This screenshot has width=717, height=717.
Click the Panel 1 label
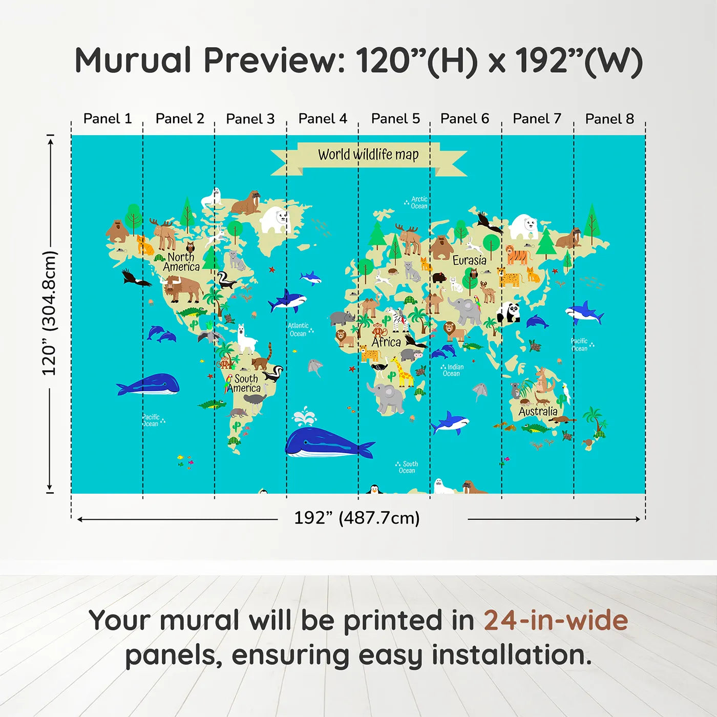point(108,119)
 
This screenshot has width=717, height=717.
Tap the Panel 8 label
point(609,119)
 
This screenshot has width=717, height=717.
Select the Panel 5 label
point(395,119)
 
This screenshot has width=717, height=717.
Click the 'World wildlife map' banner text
point(368,154)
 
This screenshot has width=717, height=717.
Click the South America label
point(244,383)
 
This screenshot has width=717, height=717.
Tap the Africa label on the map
point(386,342)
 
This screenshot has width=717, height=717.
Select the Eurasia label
point(469,260)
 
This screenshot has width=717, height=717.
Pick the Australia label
point(538,411)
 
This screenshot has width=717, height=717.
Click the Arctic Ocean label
point(418,203)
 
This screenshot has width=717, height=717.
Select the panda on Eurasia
point(509,312)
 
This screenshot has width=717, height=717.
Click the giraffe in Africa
point(403,372)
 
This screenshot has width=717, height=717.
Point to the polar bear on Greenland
point(275,220)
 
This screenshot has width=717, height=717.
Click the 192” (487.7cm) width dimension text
point(357,518)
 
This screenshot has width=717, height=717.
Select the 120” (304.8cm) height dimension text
point(49,313)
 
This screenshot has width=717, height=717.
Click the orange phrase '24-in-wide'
point(556,620)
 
